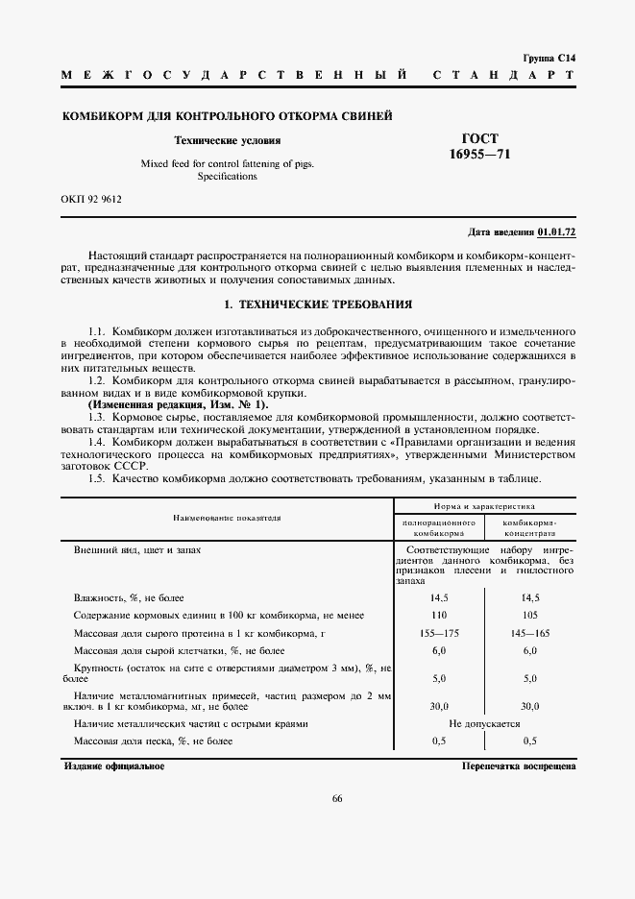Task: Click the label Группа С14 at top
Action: coord(549,58)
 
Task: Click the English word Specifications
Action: coord(227,177)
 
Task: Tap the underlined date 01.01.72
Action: coord(556,232)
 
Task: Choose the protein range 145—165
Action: coord(529,633)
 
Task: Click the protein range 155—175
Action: coord(441,633)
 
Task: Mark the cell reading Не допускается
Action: coord(485,723)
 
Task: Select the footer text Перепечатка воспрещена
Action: coord(518,766)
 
